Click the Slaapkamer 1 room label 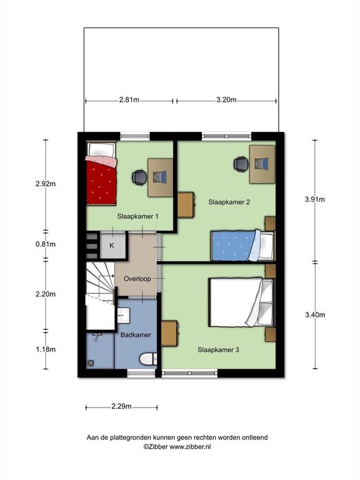pyautogui.click(x=137, y=216)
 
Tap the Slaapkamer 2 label pyautogui.click(x=229, y=202)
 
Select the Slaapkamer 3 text pyautogui.click(x=218, y=350)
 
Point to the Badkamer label pyautogui.click(x=136, y=335)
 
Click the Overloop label pyautogui.click(x=137, y=279)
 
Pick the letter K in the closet pyautogui.click(x=112, y=246)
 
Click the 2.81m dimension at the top pyautogui.click(x=129, y=100)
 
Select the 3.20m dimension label pyautogui.click(x=226, y=100)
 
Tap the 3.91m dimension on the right pyautogui.click(x=315, y=199)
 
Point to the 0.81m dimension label pyautogui.click(x=46, y=244)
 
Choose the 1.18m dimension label pyautogui.click(x=46, y=349)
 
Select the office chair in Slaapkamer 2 pyautogui.click(x=241, y=164)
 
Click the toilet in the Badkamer pyautogui.click(x=148, y=359)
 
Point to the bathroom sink pyautogui.click(x=124, y=315)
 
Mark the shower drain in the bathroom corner pyautogui.click(x=90, y=363)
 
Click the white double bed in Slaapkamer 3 pyautogui.click(x=241, y=302)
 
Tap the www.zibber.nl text pyautogui.click(x=190, y=447)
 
